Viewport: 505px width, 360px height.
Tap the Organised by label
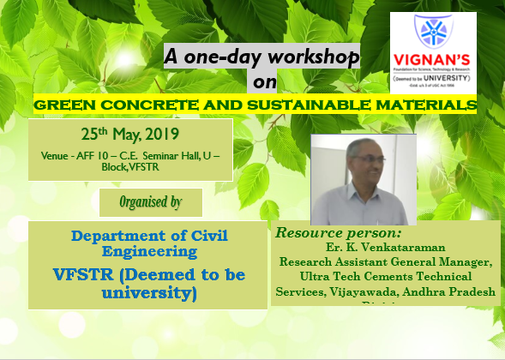(150, 204)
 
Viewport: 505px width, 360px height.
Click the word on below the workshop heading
(258, 83)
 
